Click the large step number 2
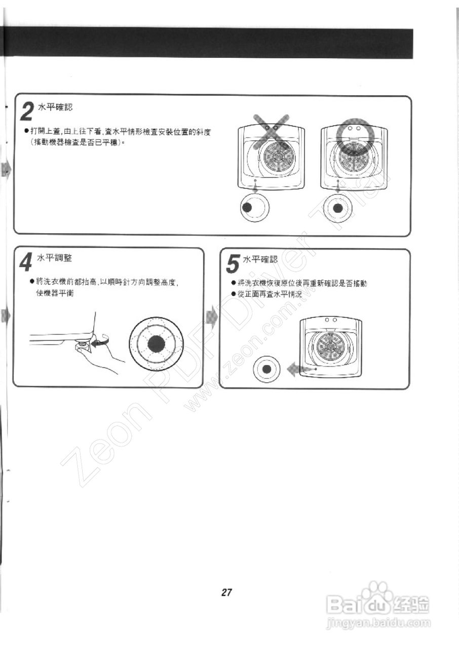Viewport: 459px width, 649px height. [x=29, y=111]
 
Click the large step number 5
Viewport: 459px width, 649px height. [x=232, y=264]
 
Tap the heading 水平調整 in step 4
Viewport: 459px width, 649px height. [x=54, y=258]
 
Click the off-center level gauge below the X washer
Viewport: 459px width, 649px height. [x=255, y=207]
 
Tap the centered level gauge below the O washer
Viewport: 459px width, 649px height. [x=338, y=207]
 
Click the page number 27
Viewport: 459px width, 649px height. [x=226, y=592]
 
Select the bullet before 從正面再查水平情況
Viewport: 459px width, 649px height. [x=234, y=294]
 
